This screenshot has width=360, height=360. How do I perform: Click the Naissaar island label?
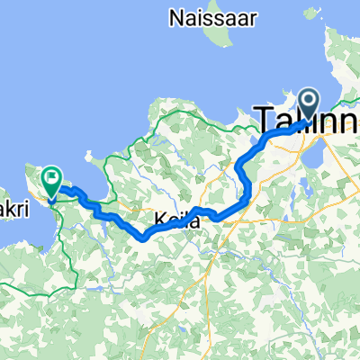205,15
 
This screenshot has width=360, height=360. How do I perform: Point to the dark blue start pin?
309,104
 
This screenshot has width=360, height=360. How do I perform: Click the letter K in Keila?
159,219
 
